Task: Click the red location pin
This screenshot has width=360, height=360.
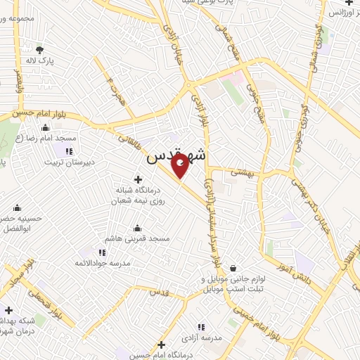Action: tap(181, 167)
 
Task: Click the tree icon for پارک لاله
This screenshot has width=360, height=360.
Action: tap(39, 50)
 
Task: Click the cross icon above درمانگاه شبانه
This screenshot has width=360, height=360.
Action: tap(138, 179)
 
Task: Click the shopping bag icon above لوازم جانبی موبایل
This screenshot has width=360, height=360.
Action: tap(233, 268)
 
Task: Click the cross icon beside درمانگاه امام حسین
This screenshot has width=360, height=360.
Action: tap(162, 345)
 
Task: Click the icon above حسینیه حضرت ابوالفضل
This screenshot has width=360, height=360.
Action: tap(17, 207)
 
